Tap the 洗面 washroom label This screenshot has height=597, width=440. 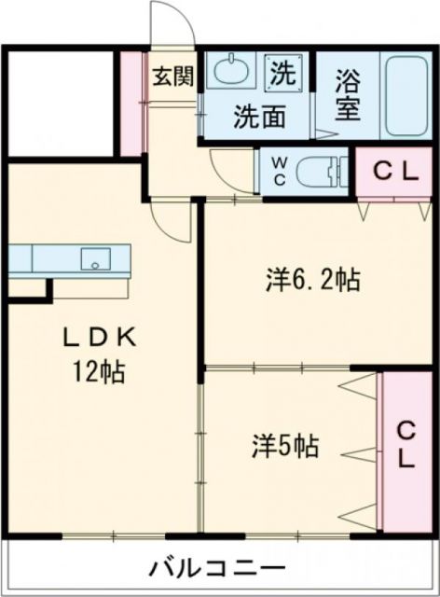pyautogui.click(x=259, y=118)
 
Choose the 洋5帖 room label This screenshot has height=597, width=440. pyautogui.click(x=285, y=447)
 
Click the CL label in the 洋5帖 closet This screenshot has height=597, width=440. pyautogui.click(x=406, y=445)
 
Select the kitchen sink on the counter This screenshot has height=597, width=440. pyautogui.click(x=95, y=258)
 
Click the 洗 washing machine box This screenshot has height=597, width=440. pyautogui.click(x=283, y=71)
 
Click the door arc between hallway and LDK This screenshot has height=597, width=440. pyautogui.click(x=172, y=219)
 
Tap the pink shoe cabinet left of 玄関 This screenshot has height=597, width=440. pyautogui.click(x=131, y=103)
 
